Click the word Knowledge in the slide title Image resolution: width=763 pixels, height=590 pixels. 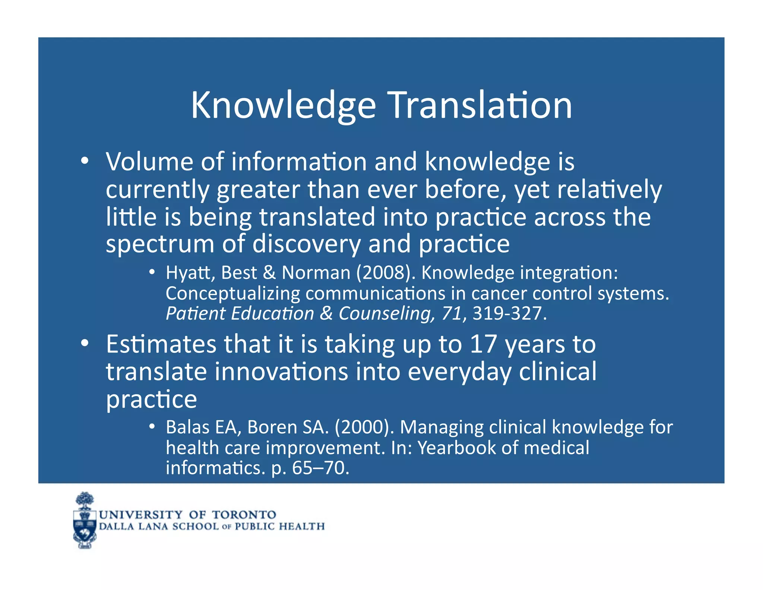pos(283,106)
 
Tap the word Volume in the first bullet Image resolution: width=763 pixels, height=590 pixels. pos(149,162)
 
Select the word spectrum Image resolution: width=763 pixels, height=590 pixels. pos(160,245)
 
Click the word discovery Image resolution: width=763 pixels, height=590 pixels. pos(306,245)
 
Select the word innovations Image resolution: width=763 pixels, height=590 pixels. pos(281,372)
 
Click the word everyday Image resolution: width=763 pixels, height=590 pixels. pos(459,373)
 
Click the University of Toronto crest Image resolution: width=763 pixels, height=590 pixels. pos(85,521)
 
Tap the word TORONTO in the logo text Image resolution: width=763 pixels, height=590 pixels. pos(244,515)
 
